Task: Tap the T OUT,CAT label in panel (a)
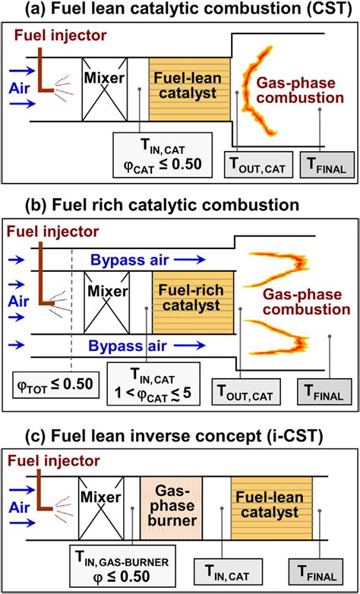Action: pos(257,163)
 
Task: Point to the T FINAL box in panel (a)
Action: pos(326,163)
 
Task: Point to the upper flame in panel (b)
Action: pos(275,264)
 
